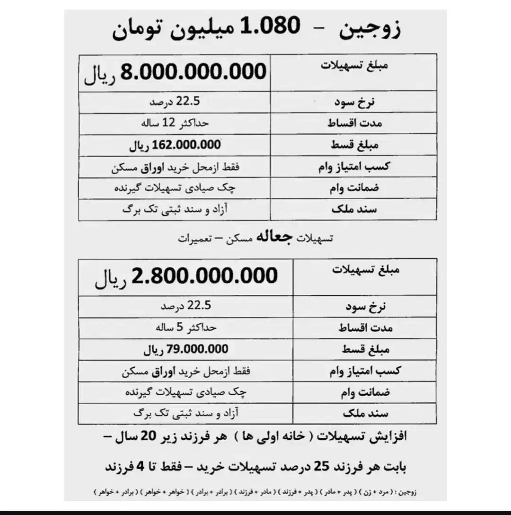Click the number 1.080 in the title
pos(270,27)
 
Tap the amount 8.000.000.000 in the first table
pos(194,72)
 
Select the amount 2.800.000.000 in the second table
pos(204,276)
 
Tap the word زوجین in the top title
pos(371,28)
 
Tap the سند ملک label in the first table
pos(354,209)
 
